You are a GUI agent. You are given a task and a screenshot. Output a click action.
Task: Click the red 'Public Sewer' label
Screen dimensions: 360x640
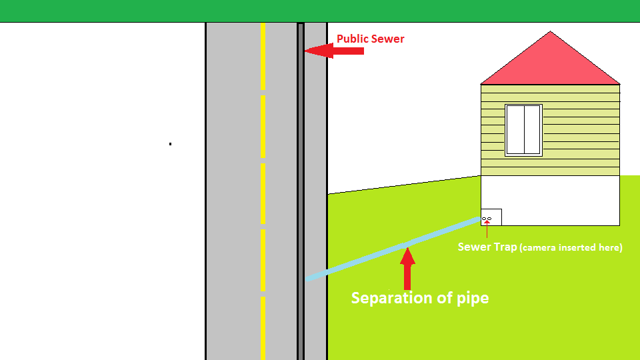coord(370,39)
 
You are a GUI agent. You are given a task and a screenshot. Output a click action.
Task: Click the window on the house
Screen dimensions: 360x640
coord(523,130)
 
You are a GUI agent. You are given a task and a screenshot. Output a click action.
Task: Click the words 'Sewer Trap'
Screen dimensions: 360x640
coord(487,247)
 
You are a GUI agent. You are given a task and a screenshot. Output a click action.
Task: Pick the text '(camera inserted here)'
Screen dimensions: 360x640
coord(571,247)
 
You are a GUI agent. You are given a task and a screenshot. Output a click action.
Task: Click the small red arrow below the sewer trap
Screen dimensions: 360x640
coord(487,231)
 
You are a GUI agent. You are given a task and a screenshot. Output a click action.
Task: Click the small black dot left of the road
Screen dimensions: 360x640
coord(171,143)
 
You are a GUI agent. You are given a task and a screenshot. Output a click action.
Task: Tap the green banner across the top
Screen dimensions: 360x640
coord(320,11)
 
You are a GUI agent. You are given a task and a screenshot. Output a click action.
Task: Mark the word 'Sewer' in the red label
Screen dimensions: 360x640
coord(387,39)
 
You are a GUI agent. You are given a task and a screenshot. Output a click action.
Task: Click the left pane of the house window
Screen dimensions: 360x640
coord(515,130)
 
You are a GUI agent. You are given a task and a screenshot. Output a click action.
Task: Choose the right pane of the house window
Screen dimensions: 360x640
coord(531,130)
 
